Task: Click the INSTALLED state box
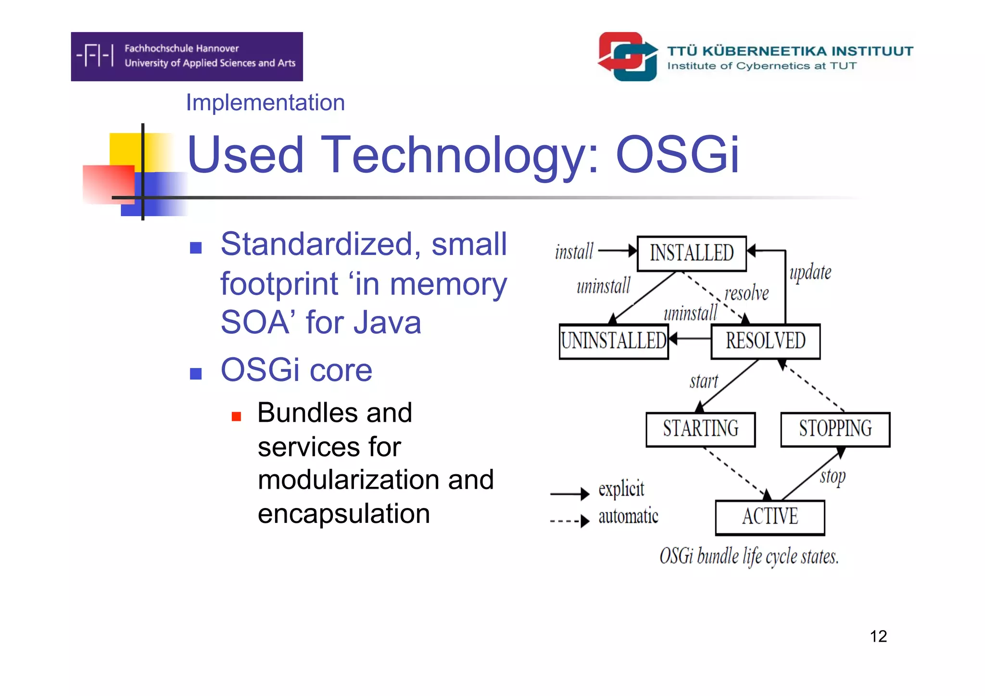pyautogui.click(x=691, y=253)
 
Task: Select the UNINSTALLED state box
pyautogui.click(x=613, y=341)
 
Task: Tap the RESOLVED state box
pyautogui.click(x=765, y=341)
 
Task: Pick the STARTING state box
pyautogui.click(x=700, y=429)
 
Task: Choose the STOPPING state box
pyautogui.click(x=835, y=429)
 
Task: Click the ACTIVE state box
pyautogui.click(x=770, y=517)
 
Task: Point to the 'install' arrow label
pyautogui.click(x=574, y=252)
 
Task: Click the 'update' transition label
pyautogui.click(x=810, y=272)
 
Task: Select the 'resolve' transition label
pyautogui.click(x=746, y=293)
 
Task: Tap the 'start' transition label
pyautogui.click(x=704, y=381)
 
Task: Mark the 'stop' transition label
pyautogui.click(x=833, y=477)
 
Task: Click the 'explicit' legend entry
pyautogui.click(x=620, y=489)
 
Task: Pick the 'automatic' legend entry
pyautogui.click(x=628, y=517)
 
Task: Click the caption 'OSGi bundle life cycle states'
pyautogui.click(x=749, y=557)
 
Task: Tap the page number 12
pyautogui.click(x=878, y=636)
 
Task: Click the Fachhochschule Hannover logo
pyautogui.click(x=187, y=56)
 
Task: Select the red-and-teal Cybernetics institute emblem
pyautogui.click(x=628, y=56)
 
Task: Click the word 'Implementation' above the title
pyautogui.click(x=265, y=102)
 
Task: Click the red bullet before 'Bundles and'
pyautogui.click(x=236, y=416)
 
